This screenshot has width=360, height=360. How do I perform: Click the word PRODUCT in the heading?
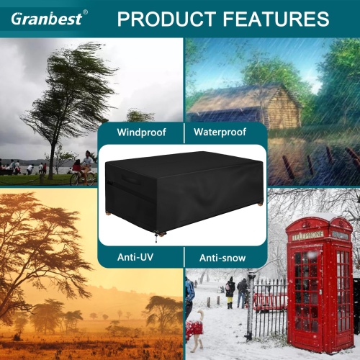[166, 19]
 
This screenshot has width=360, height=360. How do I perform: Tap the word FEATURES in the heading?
[276, 19]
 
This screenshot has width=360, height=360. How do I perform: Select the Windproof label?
[141, 132]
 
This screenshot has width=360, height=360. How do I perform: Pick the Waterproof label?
[220, 132]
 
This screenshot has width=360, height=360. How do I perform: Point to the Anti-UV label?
[135, 257]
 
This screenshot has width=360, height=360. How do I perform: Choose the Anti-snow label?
[222, 258]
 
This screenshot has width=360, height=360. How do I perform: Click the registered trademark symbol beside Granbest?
[85, 12]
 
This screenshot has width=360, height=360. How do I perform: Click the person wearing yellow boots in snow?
[230, 293]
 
